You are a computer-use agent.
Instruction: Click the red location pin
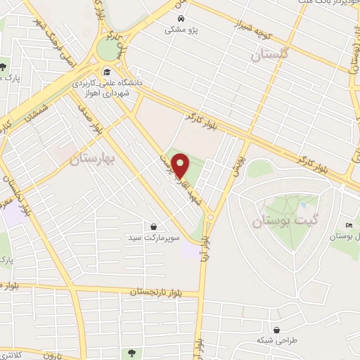point(181,165)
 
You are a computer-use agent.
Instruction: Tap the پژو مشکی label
point(181,30)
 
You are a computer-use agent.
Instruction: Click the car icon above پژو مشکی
point(181,19)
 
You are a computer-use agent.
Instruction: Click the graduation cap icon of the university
point(106,71)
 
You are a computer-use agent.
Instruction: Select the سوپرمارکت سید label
point(153,238)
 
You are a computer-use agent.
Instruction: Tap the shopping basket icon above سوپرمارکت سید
point(153,226)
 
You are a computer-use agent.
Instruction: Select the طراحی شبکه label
point(276,341)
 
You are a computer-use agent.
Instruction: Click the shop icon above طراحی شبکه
point(277,330)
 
